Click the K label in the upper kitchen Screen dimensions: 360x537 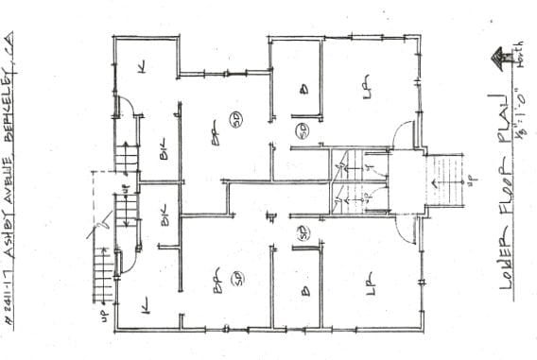(143, 66)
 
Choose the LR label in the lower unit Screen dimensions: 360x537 (370, 279)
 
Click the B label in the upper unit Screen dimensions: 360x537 (303, 90)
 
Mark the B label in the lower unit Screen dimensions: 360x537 (304, 292)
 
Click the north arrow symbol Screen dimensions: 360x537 (494, 60)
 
